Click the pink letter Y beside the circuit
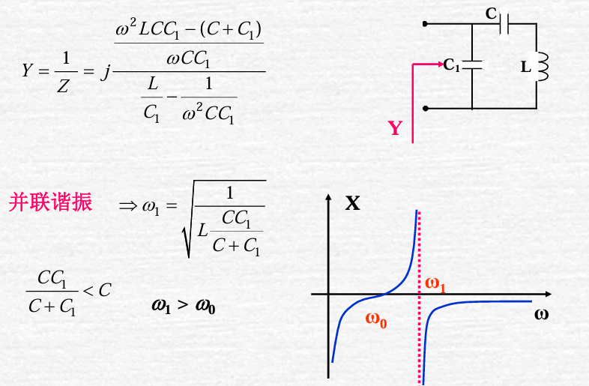395,129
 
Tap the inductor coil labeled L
543,66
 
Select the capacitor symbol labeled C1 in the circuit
472,65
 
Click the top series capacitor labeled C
507,25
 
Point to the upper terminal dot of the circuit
426,24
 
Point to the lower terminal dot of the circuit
426,109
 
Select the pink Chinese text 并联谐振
50,202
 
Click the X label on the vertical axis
352,203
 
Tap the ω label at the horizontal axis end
541,313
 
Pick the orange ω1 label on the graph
435,284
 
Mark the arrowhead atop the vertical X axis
328,198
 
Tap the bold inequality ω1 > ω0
184,305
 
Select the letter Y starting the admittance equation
28,71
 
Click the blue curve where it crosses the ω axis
383,294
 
